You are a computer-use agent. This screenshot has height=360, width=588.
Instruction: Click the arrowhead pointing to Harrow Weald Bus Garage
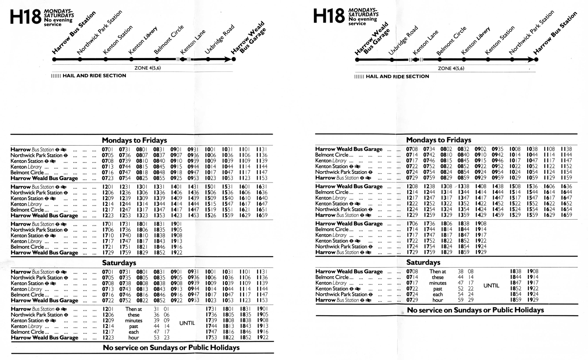227,60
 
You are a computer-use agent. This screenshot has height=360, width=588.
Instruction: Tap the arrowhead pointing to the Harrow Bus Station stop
530,60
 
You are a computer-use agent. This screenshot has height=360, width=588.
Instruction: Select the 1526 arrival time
210,215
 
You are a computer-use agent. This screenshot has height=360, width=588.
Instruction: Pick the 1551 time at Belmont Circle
227,210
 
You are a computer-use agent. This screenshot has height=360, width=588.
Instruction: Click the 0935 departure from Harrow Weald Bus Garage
497,149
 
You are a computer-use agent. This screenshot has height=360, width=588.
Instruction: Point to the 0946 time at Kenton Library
497,161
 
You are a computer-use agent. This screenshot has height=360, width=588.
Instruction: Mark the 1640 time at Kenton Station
261,198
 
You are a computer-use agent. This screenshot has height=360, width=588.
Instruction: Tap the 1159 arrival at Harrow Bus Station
566,178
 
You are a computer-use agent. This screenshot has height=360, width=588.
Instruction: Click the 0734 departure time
429,149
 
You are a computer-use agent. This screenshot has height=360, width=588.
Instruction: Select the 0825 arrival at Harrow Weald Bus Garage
142,178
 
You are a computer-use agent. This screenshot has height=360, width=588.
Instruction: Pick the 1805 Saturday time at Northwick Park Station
228,315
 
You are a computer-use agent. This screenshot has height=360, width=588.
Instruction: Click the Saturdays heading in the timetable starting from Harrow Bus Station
119,263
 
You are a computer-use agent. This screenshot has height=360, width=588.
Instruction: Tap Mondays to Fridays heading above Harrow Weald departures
438,140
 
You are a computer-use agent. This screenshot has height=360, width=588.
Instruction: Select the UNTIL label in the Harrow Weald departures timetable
491,286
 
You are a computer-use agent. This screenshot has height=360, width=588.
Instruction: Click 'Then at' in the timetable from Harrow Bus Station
133,309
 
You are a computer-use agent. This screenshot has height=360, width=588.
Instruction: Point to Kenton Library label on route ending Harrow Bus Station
475,41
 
